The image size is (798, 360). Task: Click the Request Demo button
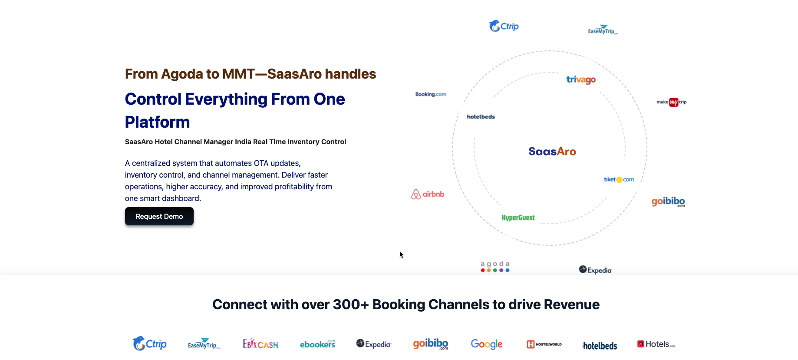click(159, 216)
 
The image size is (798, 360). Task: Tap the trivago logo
click(580, 79)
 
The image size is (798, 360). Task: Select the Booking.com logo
click(430, 94)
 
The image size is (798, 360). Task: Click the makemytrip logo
click(671, 102)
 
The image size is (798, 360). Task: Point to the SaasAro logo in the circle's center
click(552, 152)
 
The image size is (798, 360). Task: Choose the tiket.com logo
click(619, 179)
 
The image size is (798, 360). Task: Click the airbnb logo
click(428, 194)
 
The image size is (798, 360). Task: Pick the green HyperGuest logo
click(518, 218)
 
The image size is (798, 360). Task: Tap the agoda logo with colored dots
click(495, 267)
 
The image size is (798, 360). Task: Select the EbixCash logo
click(260, 344)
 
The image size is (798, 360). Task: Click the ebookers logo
click(317, 344)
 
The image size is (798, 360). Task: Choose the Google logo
click(486, 344)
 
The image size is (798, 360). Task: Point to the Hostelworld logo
click(544, 344)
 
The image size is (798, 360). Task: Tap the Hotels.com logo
click(656, 344)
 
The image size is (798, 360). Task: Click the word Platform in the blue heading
click(157, 122)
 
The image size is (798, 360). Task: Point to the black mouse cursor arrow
click(401, 254)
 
